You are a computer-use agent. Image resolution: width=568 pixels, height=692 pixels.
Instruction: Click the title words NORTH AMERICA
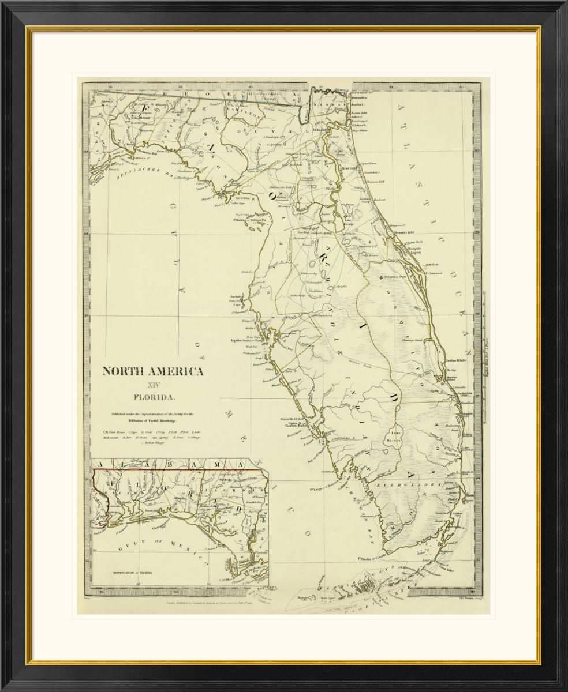point(153,371)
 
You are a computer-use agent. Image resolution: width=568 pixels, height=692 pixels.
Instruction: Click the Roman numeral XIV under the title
point(153,383)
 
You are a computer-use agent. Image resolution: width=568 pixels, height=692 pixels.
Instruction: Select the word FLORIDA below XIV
point(153,397)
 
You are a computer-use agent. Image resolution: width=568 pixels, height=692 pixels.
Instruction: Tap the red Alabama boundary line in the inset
point(173,470)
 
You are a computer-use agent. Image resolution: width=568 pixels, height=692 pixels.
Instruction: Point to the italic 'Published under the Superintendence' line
point(153,413)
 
